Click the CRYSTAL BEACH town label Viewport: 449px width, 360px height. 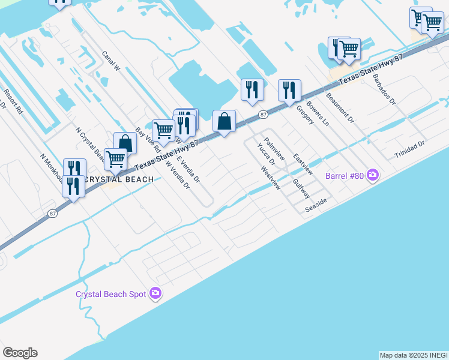coord(119,179)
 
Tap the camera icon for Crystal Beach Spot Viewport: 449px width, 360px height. coord(156,293)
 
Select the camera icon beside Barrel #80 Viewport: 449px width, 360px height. coord(373,175)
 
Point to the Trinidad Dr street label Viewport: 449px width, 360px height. coord(409,149)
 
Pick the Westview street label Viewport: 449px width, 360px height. coord(271,178)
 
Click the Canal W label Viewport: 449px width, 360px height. coord(111,61)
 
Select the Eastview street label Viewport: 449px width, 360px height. coord(303,164)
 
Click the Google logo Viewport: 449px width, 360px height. coord(20,353)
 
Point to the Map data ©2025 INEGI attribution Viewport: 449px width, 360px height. coord(413,355)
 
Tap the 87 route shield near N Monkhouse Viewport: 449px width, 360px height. coord(53,214)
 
